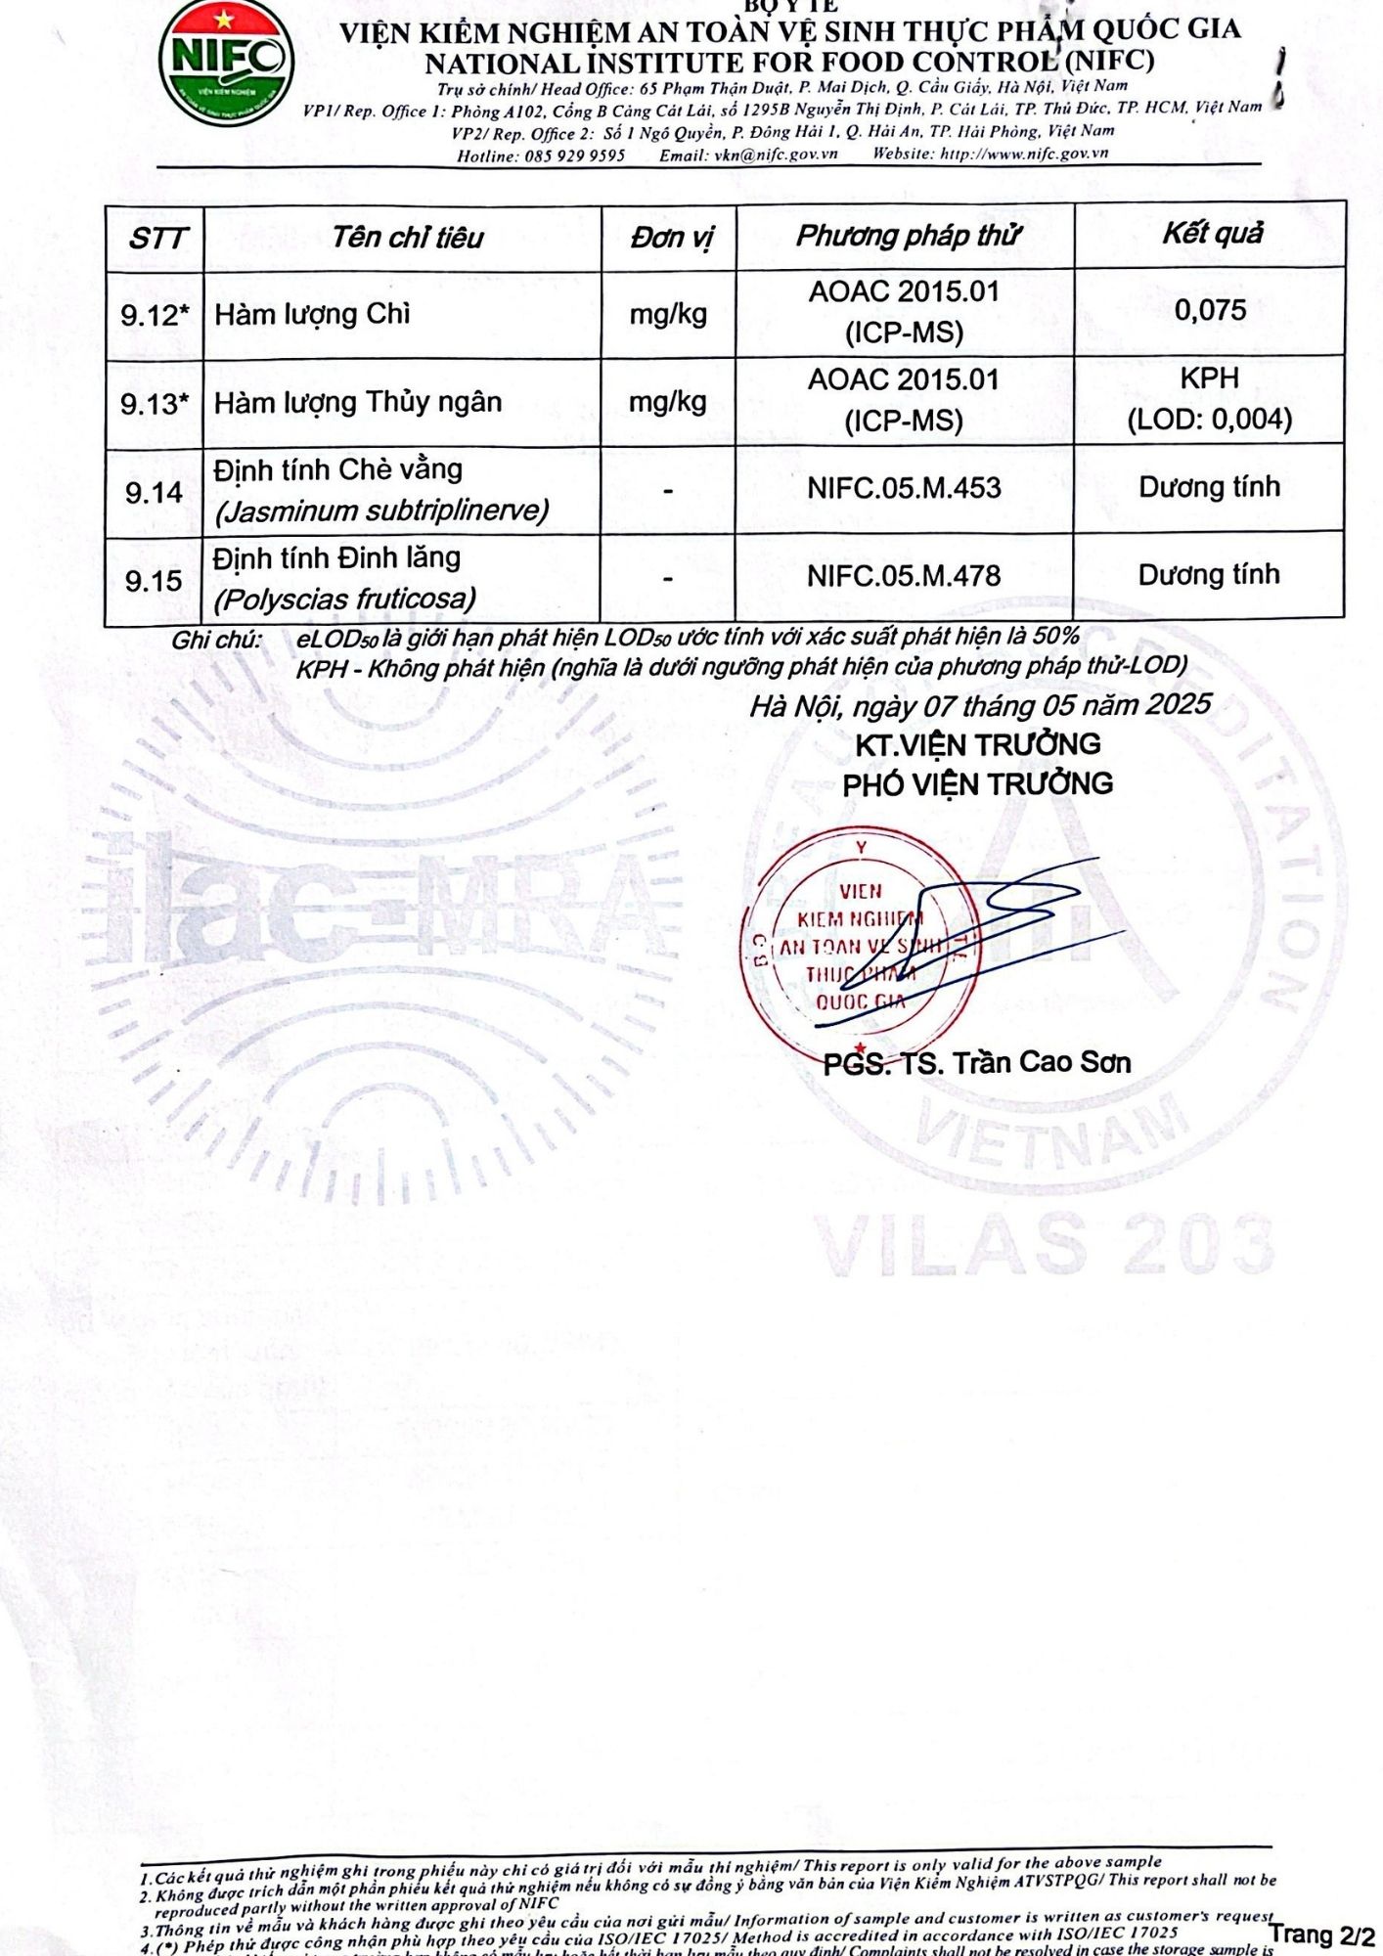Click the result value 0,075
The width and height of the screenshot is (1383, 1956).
click(1210, 311)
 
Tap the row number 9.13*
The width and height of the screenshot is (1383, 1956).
click(155, 403)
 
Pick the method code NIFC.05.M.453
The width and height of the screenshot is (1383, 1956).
click(904, 488)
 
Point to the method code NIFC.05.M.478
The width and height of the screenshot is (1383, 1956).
click(904, 576)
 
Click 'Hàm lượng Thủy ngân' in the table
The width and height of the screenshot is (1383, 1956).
click(358, 402)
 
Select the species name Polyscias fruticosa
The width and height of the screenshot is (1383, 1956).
click(345, 599)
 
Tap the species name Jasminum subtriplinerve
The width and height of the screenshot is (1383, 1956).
click(381, 511)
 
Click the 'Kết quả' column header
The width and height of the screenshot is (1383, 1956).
click(1212, 234)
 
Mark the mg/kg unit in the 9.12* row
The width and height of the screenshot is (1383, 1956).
click(668, 314)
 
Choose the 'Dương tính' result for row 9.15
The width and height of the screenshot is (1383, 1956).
click(1209, 575)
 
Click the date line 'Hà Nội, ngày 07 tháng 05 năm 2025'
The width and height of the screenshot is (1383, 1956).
click(980, 705)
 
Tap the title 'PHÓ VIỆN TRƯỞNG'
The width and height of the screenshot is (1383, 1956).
click(977, 783)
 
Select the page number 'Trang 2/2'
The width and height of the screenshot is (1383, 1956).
click(1321, 1934)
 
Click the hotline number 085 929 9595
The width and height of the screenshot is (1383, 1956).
click(575, 156)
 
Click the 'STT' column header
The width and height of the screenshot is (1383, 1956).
click(156, 238)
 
